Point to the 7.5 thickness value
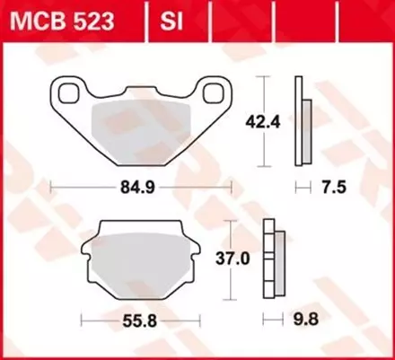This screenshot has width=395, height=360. click(x=333, y=189)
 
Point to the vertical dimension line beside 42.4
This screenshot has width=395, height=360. click(x=263, y=121)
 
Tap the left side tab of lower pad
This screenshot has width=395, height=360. click(x=86, y=262)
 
